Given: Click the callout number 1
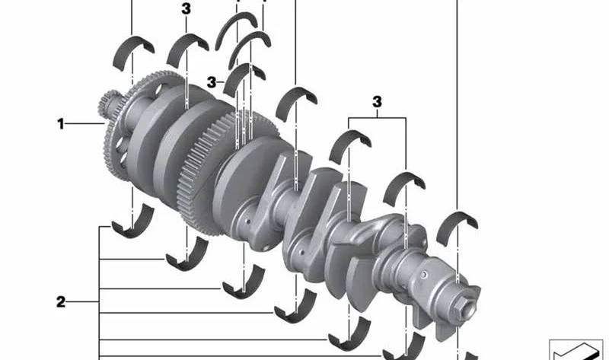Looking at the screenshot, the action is point(61,124).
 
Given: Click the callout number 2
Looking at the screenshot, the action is point(61,301).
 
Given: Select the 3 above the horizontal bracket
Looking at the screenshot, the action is point(377,102).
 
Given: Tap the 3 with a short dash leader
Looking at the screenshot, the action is point(212,82).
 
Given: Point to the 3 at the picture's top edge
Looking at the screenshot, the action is point(186,9).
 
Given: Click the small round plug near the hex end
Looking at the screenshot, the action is point(424,275).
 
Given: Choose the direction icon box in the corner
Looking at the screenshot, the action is point(576,350).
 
